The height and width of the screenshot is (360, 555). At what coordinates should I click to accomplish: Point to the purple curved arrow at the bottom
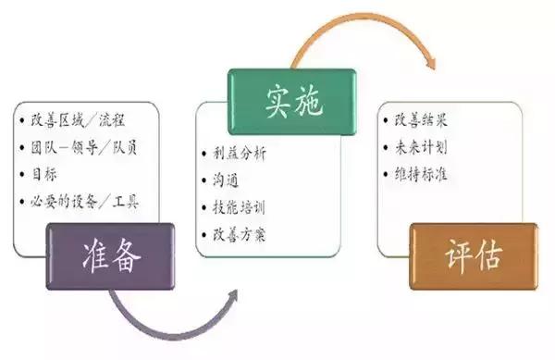click(166, 323)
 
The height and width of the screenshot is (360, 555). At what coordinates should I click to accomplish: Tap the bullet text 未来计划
click(420, 146)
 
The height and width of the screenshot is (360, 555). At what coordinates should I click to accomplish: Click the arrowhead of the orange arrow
click(430, 65)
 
